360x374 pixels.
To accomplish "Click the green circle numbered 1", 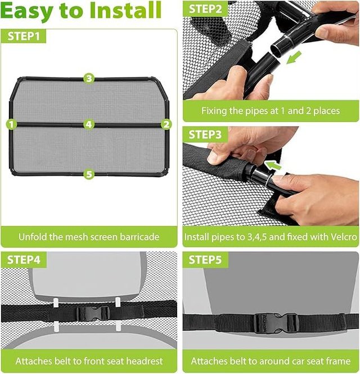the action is pos(11,124).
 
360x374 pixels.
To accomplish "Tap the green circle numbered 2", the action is pos(166,124).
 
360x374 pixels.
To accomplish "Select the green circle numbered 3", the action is pos(89,79).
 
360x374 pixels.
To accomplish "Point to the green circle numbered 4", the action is pos(89,124).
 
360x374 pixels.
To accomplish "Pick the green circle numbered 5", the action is pos(89,174).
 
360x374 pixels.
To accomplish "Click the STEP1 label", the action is pos(24,36).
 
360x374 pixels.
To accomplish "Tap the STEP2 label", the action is pos(205,9).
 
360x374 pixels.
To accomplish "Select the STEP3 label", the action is pos(205,134).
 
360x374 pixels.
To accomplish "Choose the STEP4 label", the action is pos(24,259).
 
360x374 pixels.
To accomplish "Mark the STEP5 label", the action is pos(205,259).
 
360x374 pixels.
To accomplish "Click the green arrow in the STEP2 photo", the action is pos(294,58).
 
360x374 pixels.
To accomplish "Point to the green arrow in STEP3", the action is pos(273,165).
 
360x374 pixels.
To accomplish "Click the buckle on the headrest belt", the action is pos(93,313).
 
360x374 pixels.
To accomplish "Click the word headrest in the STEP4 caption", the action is pos(145,361).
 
